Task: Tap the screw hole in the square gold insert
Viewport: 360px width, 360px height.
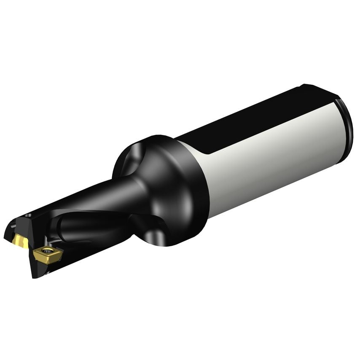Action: pos(48,253)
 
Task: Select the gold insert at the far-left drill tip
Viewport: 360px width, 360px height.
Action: pos(19,241)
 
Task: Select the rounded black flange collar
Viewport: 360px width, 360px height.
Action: pos(177,190)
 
